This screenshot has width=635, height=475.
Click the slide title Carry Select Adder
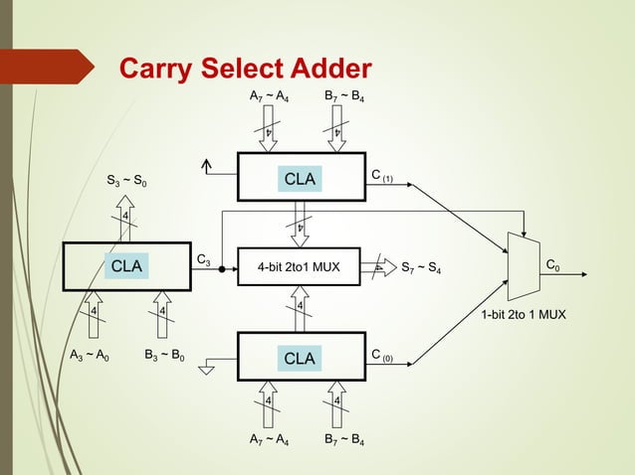(x=245, y=69)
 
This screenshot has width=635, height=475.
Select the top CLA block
(x=300, y=179)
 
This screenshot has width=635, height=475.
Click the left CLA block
(x=126, y=266)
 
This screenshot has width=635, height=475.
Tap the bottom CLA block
(x=300, y=357)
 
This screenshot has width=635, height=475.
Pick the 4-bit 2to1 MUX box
(x=300, y=266)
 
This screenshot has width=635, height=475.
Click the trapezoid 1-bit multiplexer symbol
(x=523, y=266)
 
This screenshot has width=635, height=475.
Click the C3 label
(x=203, y=260)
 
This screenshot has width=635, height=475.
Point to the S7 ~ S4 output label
(x=422, y=267)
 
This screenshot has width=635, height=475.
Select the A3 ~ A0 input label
(x=90, y=355)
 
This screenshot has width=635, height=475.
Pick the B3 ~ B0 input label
(x=165, y=355)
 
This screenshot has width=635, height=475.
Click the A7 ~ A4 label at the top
(x=269, y=97)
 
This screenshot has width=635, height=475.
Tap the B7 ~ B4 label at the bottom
(x=343, y=437)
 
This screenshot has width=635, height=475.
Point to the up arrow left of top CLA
(x=207, y=167)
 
